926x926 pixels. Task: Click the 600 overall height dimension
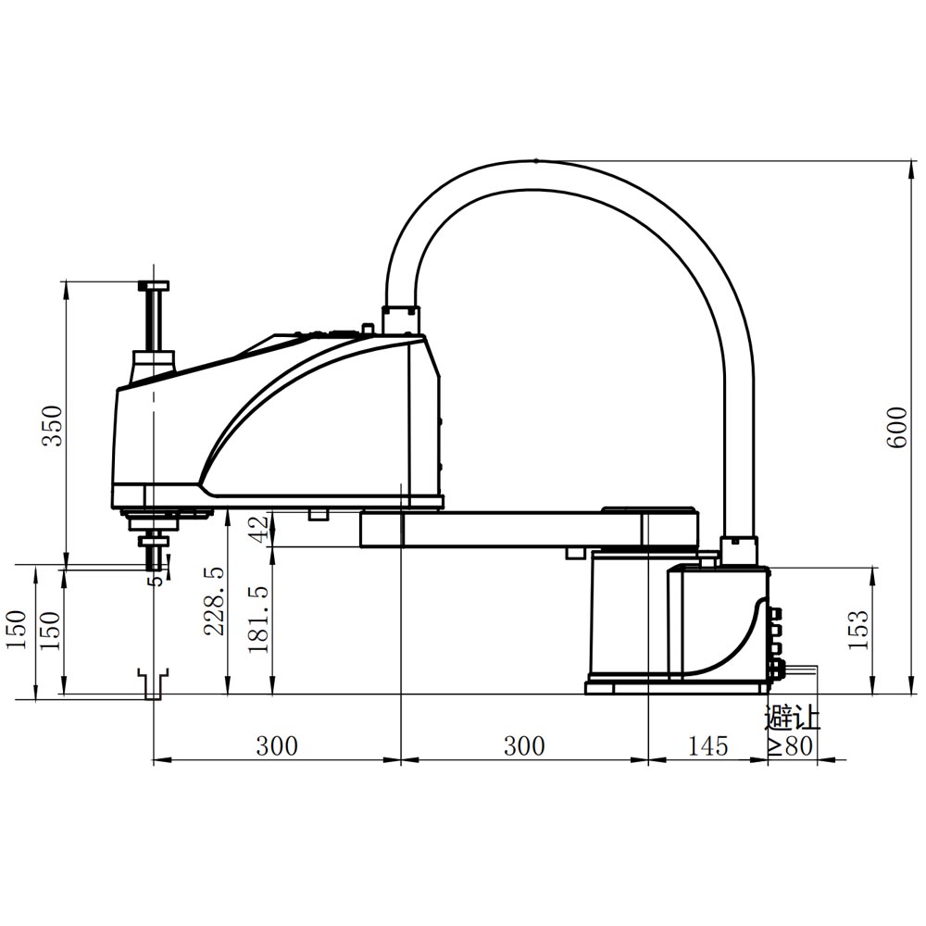(x=896, y=427)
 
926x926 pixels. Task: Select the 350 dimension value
(x=55, y=426)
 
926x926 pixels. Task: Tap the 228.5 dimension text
(x=215, y=601)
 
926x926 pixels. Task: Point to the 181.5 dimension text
(x=258, y=619)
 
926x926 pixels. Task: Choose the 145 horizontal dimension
(x=707, y=746)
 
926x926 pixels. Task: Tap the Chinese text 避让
(x=793, y=718)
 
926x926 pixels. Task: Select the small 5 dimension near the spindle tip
(x=156, y=580)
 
